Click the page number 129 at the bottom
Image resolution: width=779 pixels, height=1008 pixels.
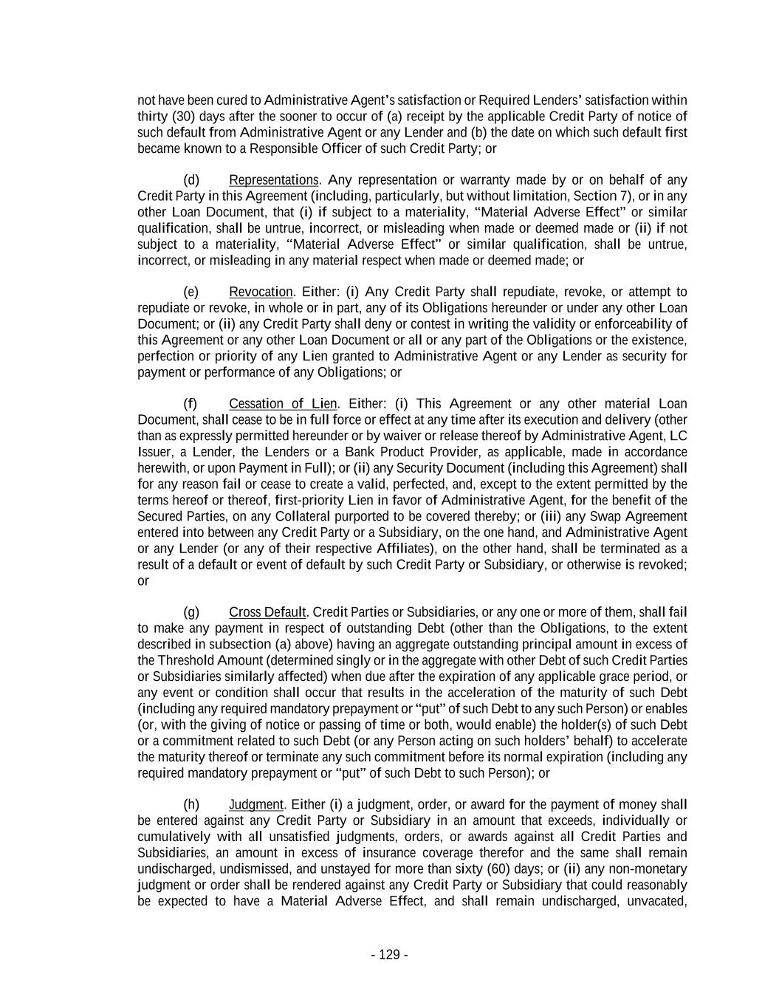point(389,955)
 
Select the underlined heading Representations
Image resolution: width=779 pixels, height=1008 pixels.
point(273,180)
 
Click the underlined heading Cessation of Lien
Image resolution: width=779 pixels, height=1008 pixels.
point(283,404)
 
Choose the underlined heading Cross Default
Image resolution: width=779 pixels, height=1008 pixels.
point(267,612)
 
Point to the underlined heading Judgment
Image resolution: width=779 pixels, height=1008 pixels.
point(255,804)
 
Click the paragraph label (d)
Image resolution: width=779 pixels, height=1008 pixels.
point(191,180)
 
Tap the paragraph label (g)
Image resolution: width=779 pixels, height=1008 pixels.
point(191,612)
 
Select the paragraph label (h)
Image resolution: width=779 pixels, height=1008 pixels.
point(191,804)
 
